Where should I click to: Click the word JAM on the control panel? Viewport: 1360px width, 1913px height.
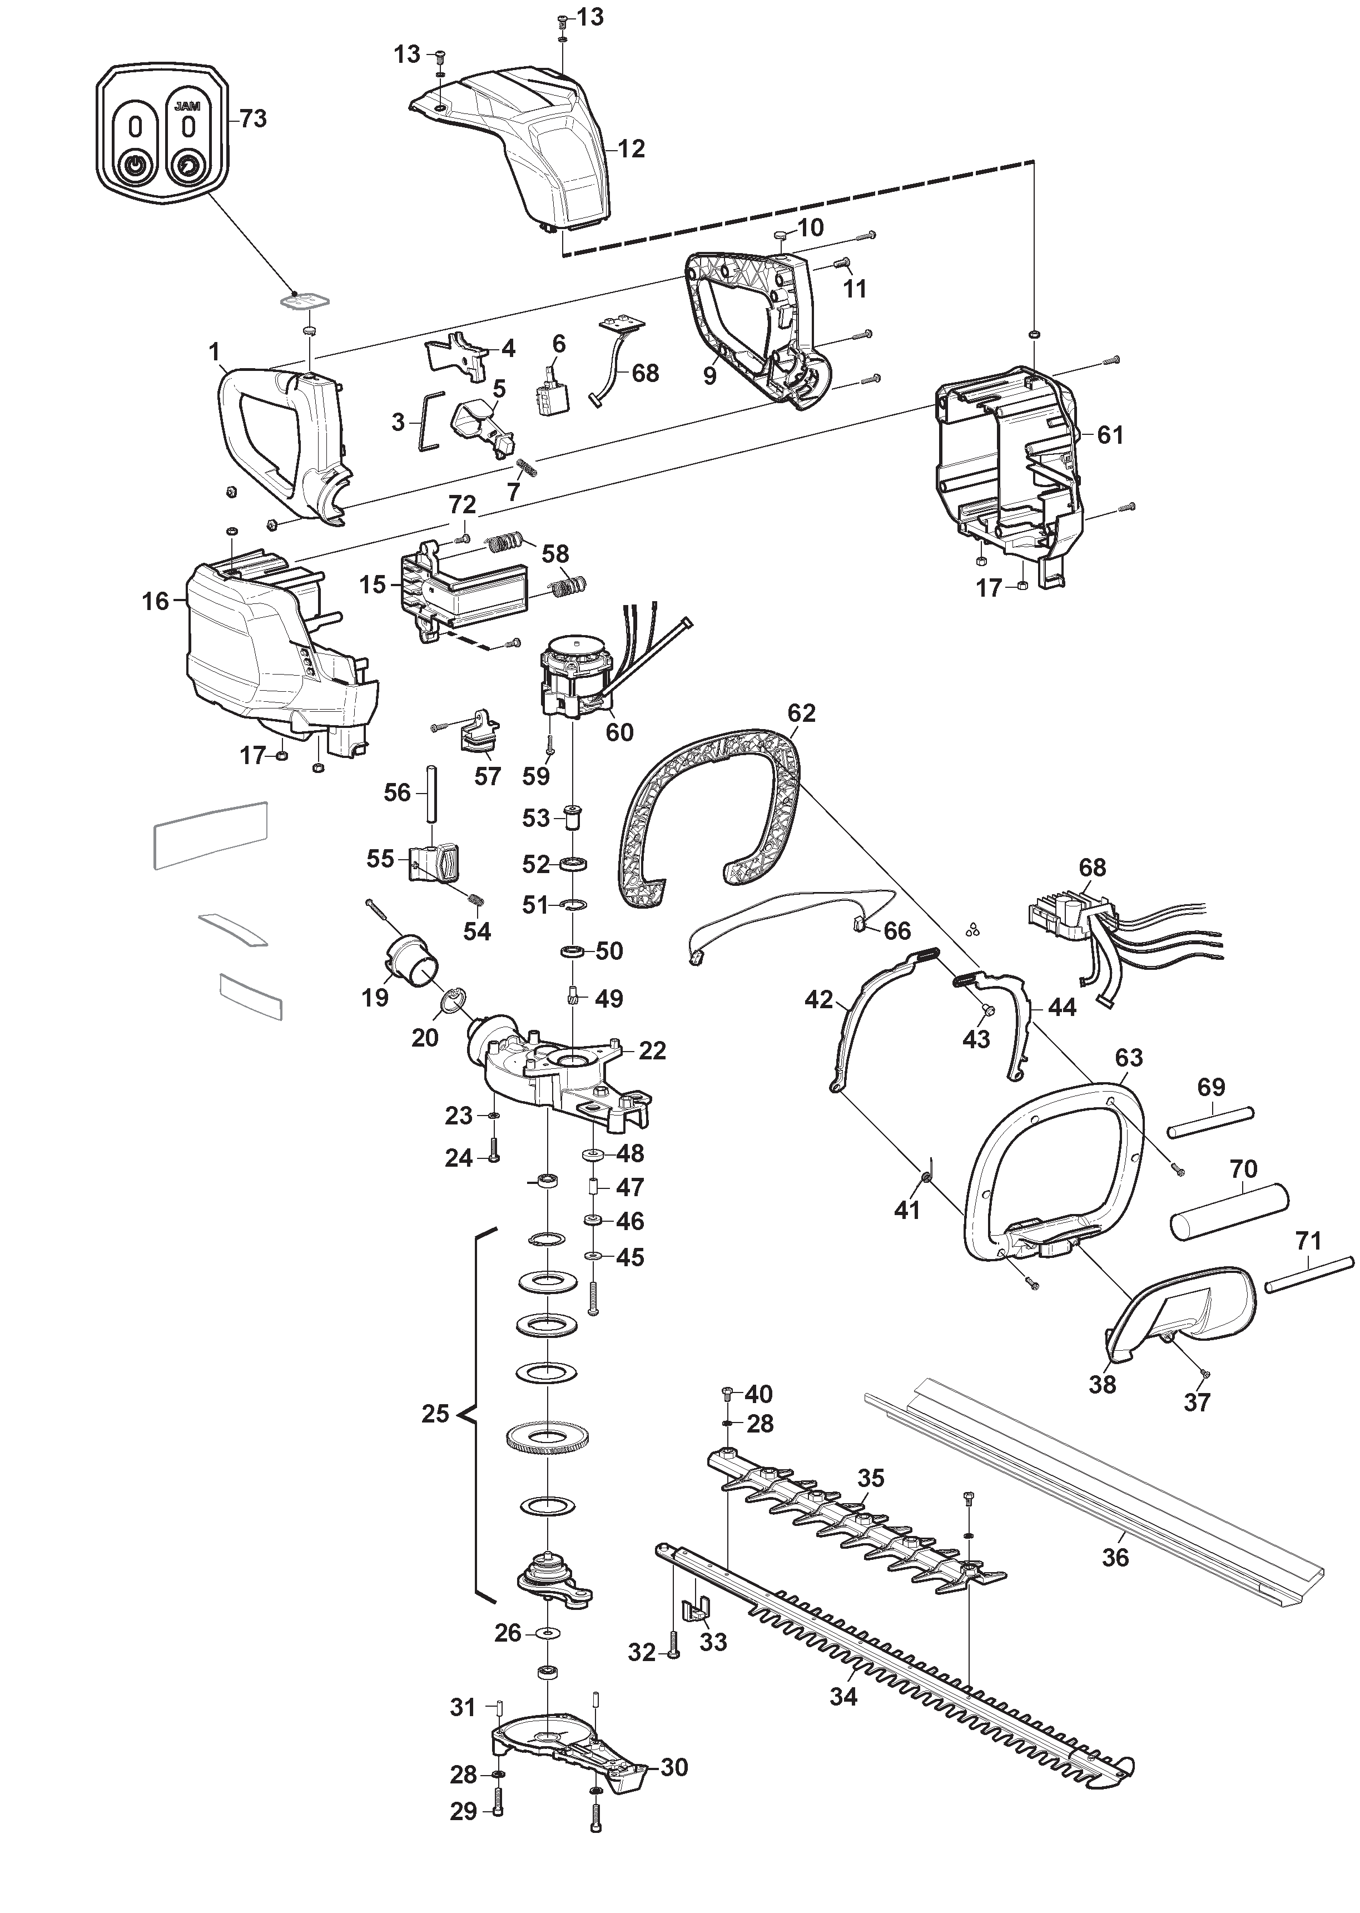coord(188,107)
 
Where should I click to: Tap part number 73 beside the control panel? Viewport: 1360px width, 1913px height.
coord(253,119)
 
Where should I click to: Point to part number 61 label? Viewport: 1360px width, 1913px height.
coord(1110,435)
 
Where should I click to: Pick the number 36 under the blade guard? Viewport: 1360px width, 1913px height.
coord(1115,1557)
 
